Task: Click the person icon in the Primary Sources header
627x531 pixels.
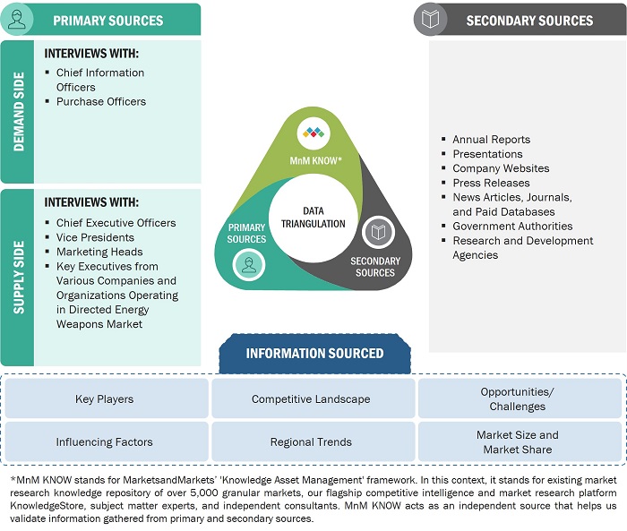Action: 17,20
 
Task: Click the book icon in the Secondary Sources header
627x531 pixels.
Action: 430,20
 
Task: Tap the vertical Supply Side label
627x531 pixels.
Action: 17,277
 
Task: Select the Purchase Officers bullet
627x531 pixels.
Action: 100,102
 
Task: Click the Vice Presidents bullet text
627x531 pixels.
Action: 95,237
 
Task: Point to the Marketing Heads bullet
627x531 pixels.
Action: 99,252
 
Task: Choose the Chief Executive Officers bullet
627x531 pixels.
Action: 116,223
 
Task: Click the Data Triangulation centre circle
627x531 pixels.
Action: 312,217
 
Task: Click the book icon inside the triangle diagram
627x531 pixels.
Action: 379,233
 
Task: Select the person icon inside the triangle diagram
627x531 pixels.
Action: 247,263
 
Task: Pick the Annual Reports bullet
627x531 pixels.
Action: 491,140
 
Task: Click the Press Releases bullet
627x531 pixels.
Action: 491,183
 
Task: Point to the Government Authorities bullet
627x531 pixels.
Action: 512,227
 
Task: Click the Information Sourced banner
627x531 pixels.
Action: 314,353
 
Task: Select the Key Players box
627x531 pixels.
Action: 104,399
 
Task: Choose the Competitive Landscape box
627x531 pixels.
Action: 311,399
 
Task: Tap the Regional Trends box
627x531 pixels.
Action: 311,442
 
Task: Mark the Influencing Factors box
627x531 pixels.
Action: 104,442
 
